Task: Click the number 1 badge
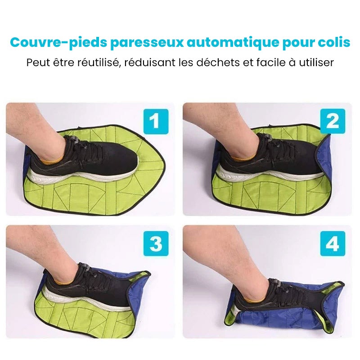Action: [x=156, y=121]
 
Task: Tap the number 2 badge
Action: [x=333, y=121]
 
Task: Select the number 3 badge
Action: [x=156, y=243]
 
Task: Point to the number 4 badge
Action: [x=333, y=243]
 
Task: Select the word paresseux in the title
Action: [x=147, y=43]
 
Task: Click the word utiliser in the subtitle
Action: [x=316, y=63]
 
